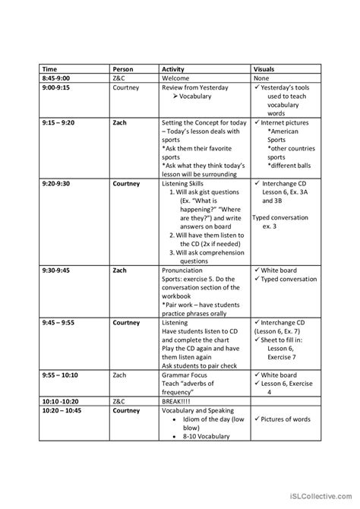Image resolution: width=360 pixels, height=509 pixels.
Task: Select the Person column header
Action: (123, 69)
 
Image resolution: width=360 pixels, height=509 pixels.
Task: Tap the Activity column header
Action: (174, 69)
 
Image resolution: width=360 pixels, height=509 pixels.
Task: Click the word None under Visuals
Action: (261, 78)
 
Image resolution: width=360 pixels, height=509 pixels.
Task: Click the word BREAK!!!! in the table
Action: (179, 400)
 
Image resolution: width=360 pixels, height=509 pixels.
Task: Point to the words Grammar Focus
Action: (185, 375)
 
